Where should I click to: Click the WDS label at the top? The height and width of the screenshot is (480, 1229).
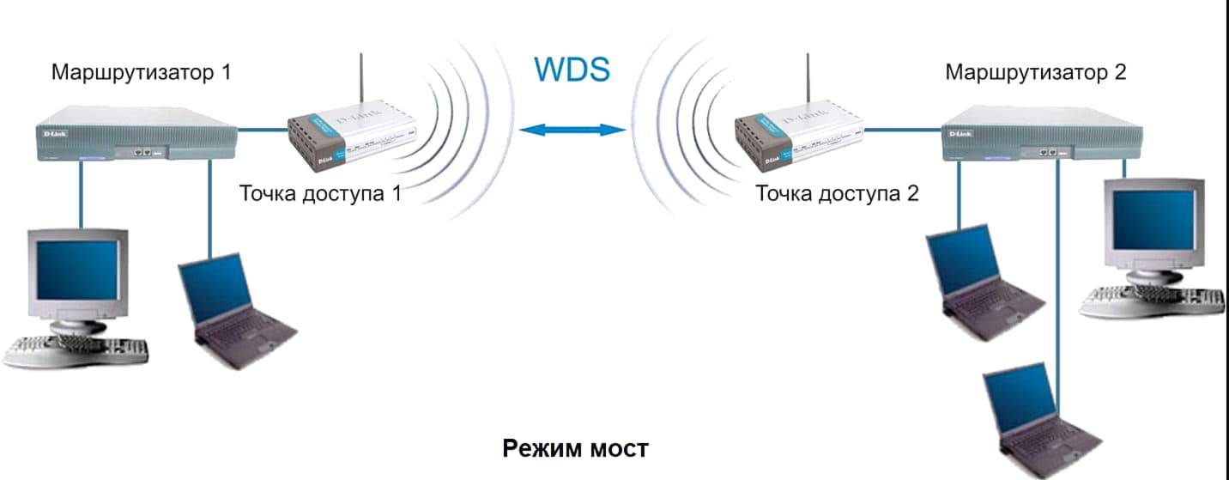coord(572,69)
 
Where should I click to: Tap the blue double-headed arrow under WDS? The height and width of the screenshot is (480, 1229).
coord(572,130)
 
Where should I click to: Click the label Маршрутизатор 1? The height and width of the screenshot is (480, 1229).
coord(141,72)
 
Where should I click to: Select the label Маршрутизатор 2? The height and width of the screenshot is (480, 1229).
coord(1035,72)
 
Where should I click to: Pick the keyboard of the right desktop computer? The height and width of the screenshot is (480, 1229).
coord(1154,301)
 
